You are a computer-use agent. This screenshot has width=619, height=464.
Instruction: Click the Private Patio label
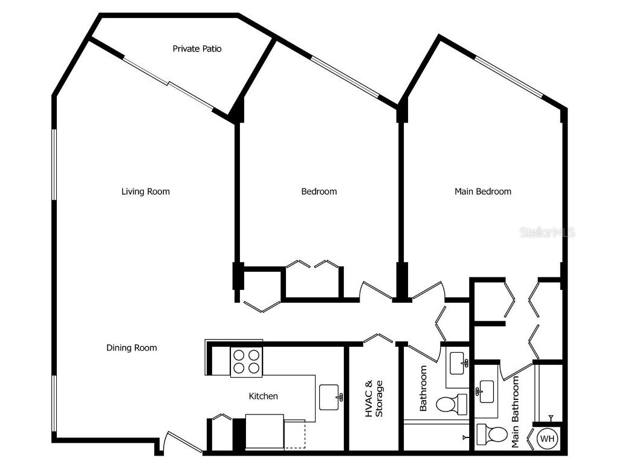(x=197, y=48)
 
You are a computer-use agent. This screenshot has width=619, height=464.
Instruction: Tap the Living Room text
(x=146, y=192)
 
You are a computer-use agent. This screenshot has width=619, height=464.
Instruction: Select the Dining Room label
(x=132, y=348)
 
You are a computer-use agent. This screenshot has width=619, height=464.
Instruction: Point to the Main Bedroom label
(x=482, y=192)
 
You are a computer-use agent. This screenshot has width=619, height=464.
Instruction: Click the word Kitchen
(x=264, y=396)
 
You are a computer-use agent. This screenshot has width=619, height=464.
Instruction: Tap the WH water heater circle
(x=546, y=439)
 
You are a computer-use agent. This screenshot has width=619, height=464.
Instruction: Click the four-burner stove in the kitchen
(x=246, y=362)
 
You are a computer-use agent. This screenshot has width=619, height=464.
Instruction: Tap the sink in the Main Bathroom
(x=485, y=391)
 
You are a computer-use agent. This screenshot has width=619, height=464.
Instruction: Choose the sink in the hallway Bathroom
(x=458, y=363)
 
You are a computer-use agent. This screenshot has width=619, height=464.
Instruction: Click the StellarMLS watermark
(x=547, y=233)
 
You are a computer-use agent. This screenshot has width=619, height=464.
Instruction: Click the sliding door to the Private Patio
(x=169, y=83)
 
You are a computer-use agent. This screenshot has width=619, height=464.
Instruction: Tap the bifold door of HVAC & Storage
(x=379, y=338)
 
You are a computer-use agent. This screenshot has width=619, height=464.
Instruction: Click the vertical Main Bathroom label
(x=516, y=412)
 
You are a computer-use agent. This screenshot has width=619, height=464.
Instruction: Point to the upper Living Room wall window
(x=54, y=164)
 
